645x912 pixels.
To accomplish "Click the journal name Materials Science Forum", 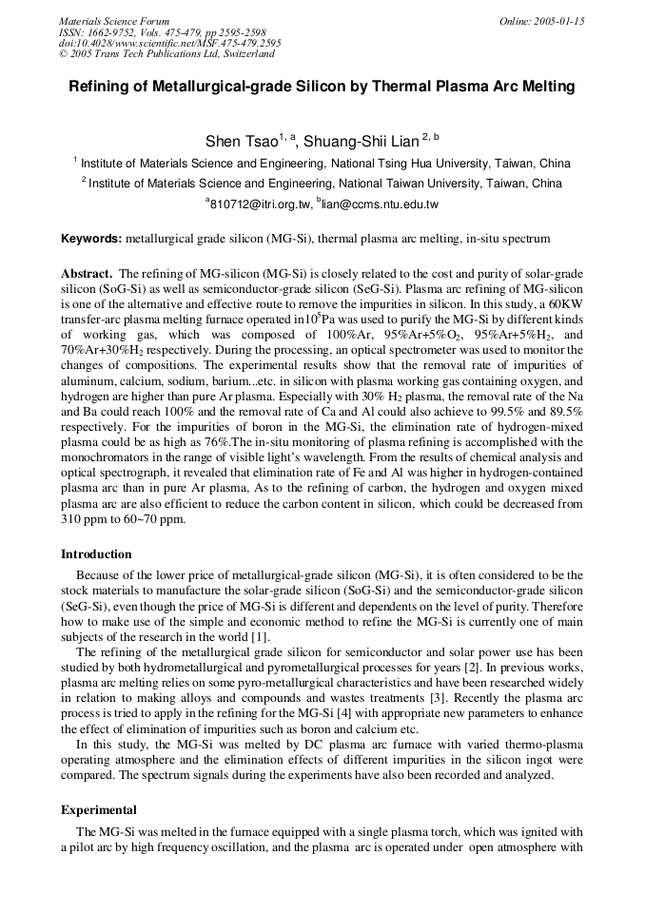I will click(114, 21).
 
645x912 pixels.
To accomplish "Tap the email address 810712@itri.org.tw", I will click(260, 204).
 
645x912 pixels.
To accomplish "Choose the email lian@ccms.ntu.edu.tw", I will click(380, 204).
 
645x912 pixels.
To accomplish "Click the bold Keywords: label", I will click(91, 238).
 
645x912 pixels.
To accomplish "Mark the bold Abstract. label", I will click(87, 272).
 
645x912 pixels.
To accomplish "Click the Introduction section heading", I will click(96, 553).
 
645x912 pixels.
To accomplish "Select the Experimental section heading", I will click(99, 810).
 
